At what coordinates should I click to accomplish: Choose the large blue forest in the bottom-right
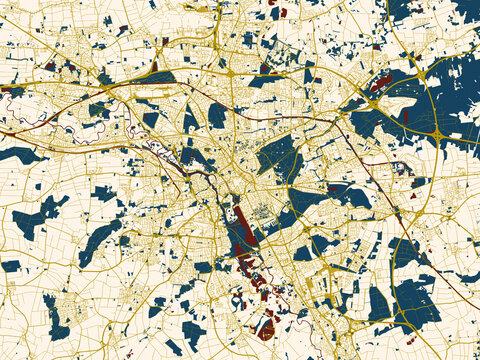[x=415, y=300]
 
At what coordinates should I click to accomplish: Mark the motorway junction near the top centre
[x=230, y=72]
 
